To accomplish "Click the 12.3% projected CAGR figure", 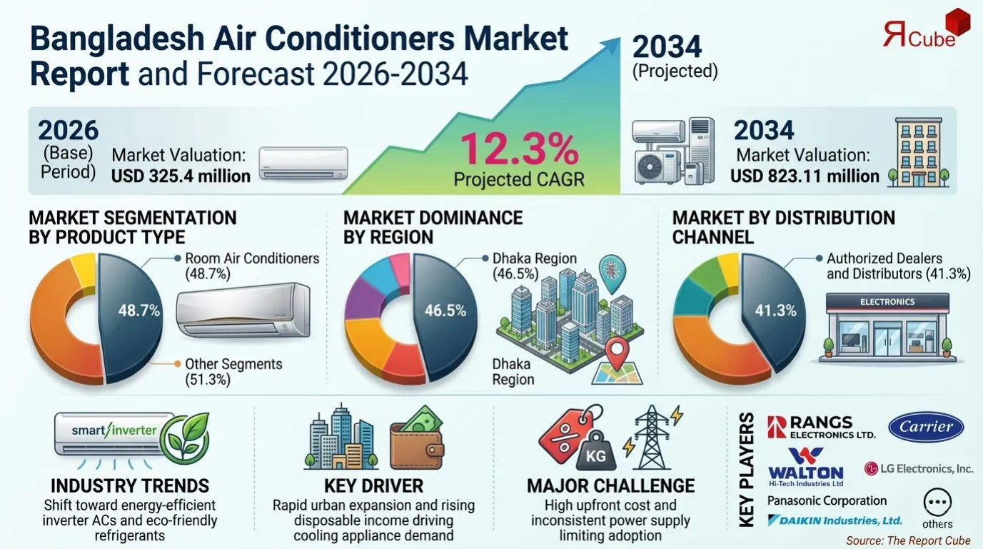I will (x=518, y=149).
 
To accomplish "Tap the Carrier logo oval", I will (x=926, y=427).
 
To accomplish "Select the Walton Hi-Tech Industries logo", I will (x=805, y=467).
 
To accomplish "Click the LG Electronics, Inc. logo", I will (x=918, y=468).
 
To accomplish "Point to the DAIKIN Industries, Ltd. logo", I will (x=835, y=520).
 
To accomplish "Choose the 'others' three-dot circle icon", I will (x=937, y=503).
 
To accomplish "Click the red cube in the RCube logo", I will (x=957, y=22).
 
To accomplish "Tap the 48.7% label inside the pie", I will (x=139, y=311).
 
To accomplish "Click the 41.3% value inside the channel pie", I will (x=775, y=311).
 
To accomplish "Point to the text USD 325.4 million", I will (x=181, y=176).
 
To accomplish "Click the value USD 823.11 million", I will (x=805, y=176).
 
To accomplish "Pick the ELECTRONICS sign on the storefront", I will (x=887, y=302).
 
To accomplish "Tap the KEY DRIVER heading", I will (x=373, y=486).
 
